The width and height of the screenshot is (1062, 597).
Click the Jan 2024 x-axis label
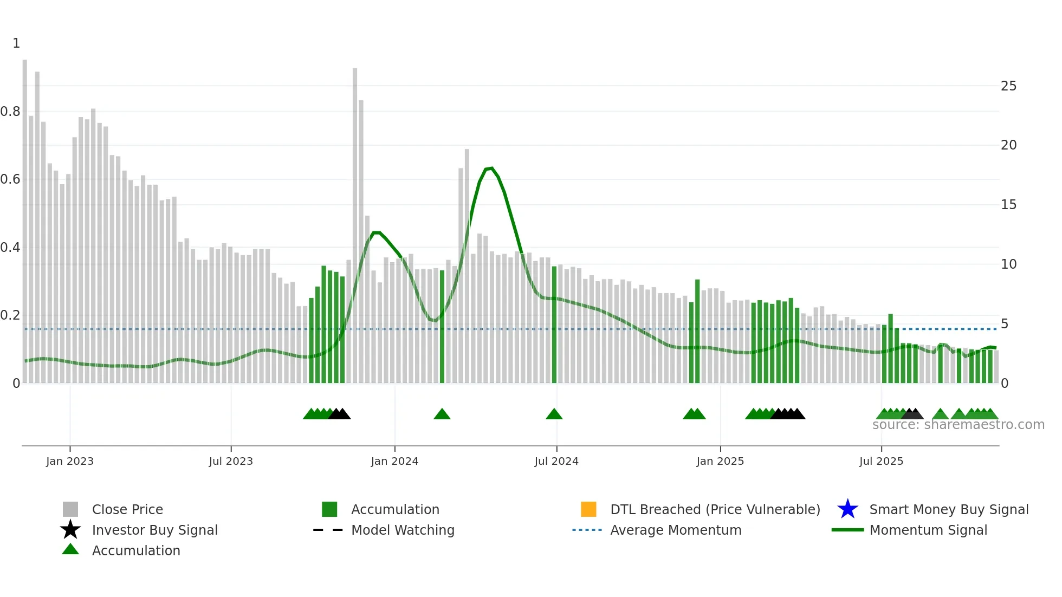tap(394, 461)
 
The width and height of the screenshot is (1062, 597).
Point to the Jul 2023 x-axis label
tap(231, 461)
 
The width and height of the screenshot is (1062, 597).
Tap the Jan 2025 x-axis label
tap(720, 461)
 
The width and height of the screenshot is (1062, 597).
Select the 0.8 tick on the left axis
tap(10, 112)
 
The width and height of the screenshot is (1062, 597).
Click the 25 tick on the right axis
tap(1008, 86)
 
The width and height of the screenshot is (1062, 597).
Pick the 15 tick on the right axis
tap(1008, 205)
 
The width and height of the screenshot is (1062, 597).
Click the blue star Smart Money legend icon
tap(847, 509)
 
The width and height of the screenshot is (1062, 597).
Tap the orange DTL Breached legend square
tap(588, 509)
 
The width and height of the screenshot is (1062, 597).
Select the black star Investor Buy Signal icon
tap(70, 530)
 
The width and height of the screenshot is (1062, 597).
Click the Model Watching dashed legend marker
tap(328, 530)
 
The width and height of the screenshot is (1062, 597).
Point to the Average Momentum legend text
tap(676, 530)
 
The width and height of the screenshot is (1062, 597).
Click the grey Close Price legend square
tap(70, 509)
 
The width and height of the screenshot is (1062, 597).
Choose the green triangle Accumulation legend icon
tap(70, 549)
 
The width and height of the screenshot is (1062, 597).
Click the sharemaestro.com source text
tap(958, 425)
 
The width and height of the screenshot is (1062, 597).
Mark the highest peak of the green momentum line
tap(490, 168)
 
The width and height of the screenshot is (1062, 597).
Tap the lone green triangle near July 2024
tap(554, 414)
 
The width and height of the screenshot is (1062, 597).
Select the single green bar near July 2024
tap(554, 325)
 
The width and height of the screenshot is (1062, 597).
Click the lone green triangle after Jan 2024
tap(442, 414)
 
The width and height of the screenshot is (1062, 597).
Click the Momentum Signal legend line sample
tap(847, 530)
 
